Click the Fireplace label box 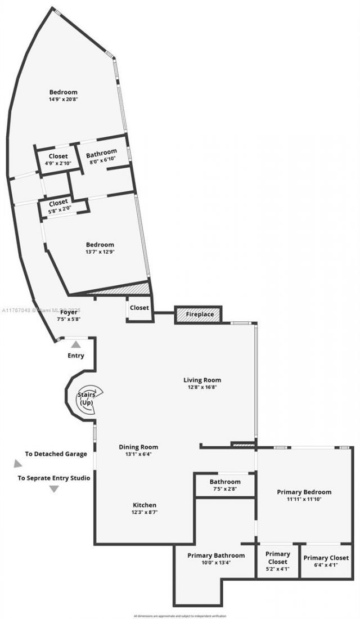click(199, 314)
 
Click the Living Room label click(202, 380)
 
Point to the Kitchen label click(145, 505)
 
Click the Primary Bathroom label click(216, 555)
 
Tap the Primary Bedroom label click(304, 492)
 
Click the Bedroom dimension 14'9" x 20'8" click(63, 99)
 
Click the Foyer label click(69, 312)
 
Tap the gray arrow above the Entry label click(75, 344)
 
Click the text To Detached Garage click(56, 454)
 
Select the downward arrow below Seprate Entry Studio click(54, 489)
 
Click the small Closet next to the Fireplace click(139, 308)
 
